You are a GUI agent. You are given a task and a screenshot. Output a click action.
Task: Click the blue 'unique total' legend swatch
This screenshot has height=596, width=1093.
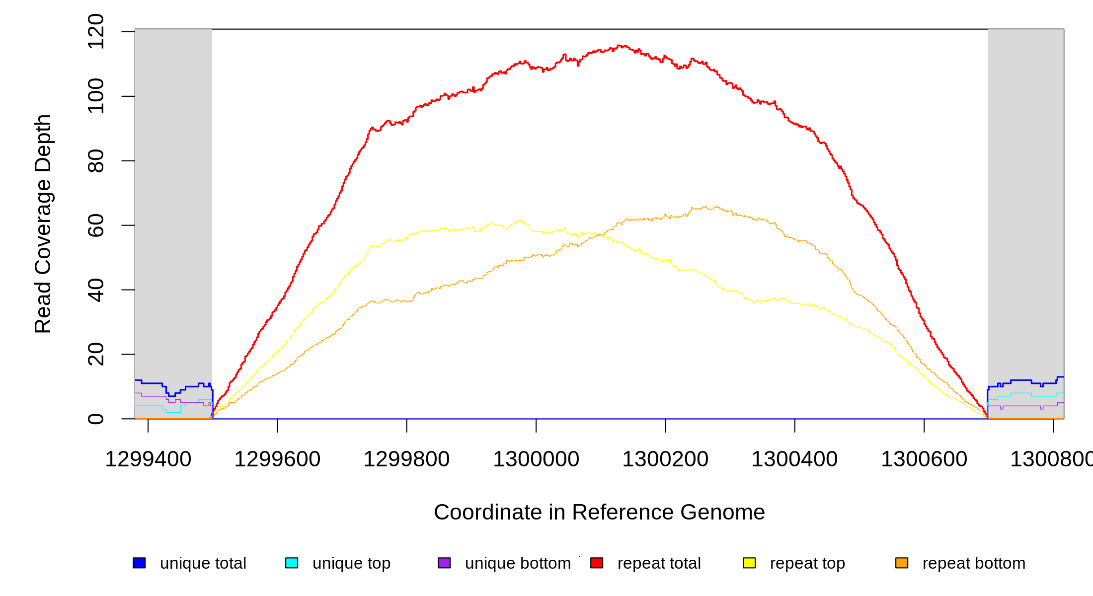139,563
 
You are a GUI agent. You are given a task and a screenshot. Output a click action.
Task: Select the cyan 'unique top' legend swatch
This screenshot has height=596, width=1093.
292,563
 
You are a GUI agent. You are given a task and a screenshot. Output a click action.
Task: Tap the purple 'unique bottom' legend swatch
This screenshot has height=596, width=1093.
444,563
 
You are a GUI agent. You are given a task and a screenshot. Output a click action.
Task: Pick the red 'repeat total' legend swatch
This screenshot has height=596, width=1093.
597,563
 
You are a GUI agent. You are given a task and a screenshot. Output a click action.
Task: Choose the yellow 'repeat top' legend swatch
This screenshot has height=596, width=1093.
749,563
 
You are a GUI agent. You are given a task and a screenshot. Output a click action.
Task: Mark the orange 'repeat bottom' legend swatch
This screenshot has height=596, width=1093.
902,563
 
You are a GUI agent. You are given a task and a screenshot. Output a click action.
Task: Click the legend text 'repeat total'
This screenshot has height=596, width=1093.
659,563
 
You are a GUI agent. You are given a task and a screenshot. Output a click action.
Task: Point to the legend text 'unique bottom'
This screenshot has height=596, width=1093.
518,563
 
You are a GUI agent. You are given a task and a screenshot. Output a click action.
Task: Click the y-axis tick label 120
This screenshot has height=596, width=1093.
96,32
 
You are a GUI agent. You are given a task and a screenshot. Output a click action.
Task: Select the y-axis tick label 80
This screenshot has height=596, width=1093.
96,161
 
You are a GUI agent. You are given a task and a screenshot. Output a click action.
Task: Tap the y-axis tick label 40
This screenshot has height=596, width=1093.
96,290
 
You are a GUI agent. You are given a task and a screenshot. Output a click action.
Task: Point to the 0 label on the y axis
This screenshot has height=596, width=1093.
96,419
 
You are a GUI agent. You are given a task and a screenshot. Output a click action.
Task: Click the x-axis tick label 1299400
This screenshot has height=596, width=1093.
148,459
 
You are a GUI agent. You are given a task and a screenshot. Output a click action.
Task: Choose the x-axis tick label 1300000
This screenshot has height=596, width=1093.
536,459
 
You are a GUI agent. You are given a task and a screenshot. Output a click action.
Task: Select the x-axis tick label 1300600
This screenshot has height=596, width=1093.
924,459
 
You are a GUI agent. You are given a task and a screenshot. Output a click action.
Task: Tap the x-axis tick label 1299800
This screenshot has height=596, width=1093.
406,459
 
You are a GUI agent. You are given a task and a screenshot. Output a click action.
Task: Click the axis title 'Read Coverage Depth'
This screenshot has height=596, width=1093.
43,223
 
